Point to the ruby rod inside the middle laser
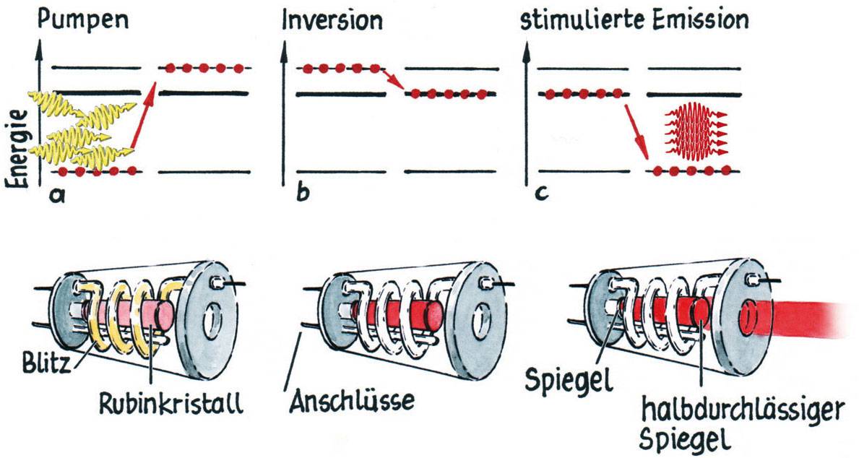[394, 315]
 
